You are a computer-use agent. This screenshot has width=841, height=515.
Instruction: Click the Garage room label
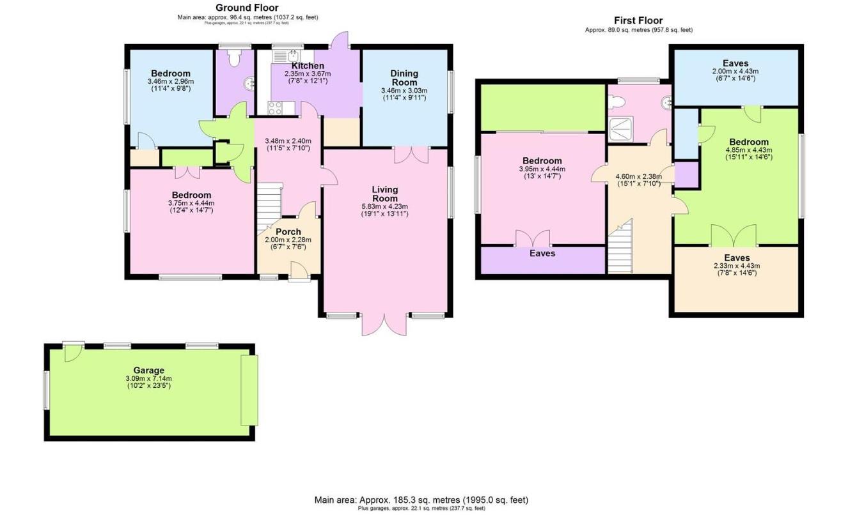148,370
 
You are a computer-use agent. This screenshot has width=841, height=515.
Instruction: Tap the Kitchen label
308,66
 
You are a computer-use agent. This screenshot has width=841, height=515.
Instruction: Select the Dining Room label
404,78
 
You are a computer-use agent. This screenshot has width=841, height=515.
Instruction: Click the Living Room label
385,194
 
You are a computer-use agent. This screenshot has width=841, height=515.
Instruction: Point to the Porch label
288,231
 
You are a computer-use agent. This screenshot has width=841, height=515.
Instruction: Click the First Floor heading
638,20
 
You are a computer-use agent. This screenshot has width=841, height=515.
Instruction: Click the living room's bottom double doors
384,325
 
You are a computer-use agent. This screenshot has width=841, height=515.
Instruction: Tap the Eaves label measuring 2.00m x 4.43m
735,63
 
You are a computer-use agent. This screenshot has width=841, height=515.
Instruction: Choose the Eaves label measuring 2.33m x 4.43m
735,257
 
